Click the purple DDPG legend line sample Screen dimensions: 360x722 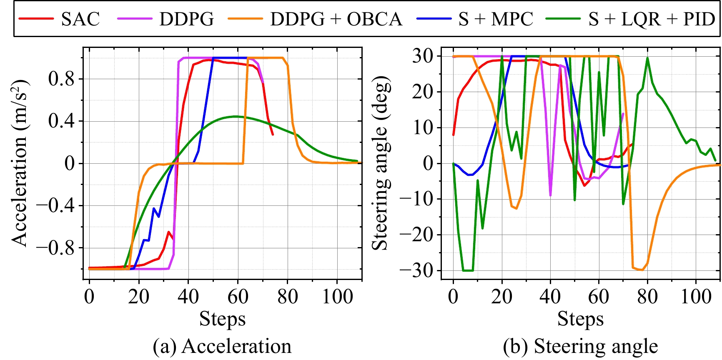point(135,19)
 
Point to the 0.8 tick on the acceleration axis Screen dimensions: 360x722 point(62,79)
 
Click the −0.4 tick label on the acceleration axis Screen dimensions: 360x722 point(55,205)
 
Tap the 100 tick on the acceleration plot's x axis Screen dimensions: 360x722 point(337,297)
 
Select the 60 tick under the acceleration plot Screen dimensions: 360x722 point(238,297)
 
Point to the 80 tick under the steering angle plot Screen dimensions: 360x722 point(647,297)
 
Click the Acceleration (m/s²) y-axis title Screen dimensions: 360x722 point(19,162)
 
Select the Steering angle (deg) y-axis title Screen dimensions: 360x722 point(380,162)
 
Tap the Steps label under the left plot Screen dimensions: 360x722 point(222,319)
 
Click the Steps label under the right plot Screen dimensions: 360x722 point(580,319)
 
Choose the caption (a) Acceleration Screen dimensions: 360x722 point(222,346)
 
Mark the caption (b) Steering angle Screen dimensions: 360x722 point(580,346)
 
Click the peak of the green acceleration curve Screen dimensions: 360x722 point(236,116)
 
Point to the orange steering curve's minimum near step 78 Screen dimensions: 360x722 point(642,270)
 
